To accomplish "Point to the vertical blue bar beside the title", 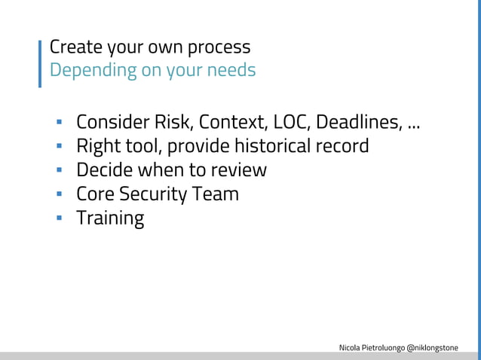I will click(x=40, y=63).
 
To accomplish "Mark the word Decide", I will click(x=105, y=169).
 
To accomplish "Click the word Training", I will click(x=110, y=219).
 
